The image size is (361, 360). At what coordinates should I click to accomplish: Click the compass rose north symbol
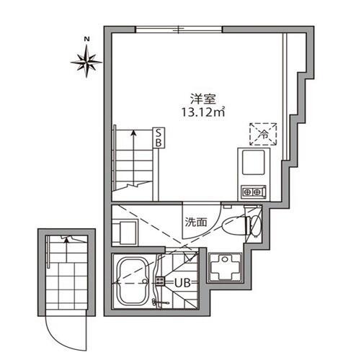tap(86, 62)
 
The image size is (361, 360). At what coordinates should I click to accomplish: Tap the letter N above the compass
tap(86, 39)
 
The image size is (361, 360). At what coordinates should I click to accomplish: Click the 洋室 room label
tap(203, 99)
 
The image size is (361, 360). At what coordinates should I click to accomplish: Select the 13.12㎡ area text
tap(203, 112)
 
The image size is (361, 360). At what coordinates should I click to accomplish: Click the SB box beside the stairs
tap(159, 138)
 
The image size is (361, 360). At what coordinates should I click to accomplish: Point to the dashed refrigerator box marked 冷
tap(263, 134)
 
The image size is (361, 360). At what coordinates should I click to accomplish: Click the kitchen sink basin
tap(254, 163)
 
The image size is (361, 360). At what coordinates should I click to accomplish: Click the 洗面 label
tap(196, 222)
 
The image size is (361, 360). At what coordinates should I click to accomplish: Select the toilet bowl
tap(234, 225)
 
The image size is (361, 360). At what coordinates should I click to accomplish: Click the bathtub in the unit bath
tap(133, 281)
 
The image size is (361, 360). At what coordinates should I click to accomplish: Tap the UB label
tap(182, 284)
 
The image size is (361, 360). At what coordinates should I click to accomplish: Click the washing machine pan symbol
tap(225, 267)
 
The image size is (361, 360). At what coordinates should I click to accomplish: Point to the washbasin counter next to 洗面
tap(125, 233)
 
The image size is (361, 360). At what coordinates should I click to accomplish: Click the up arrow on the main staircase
tap(133, 158)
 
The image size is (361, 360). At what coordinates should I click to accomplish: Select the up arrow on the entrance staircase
tap(66, 249)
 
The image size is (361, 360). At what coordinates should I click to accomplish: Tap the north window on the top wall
tap(179, 30)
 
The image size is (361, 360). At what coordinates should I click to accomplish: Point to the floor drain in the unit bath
tap(160, 281)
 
